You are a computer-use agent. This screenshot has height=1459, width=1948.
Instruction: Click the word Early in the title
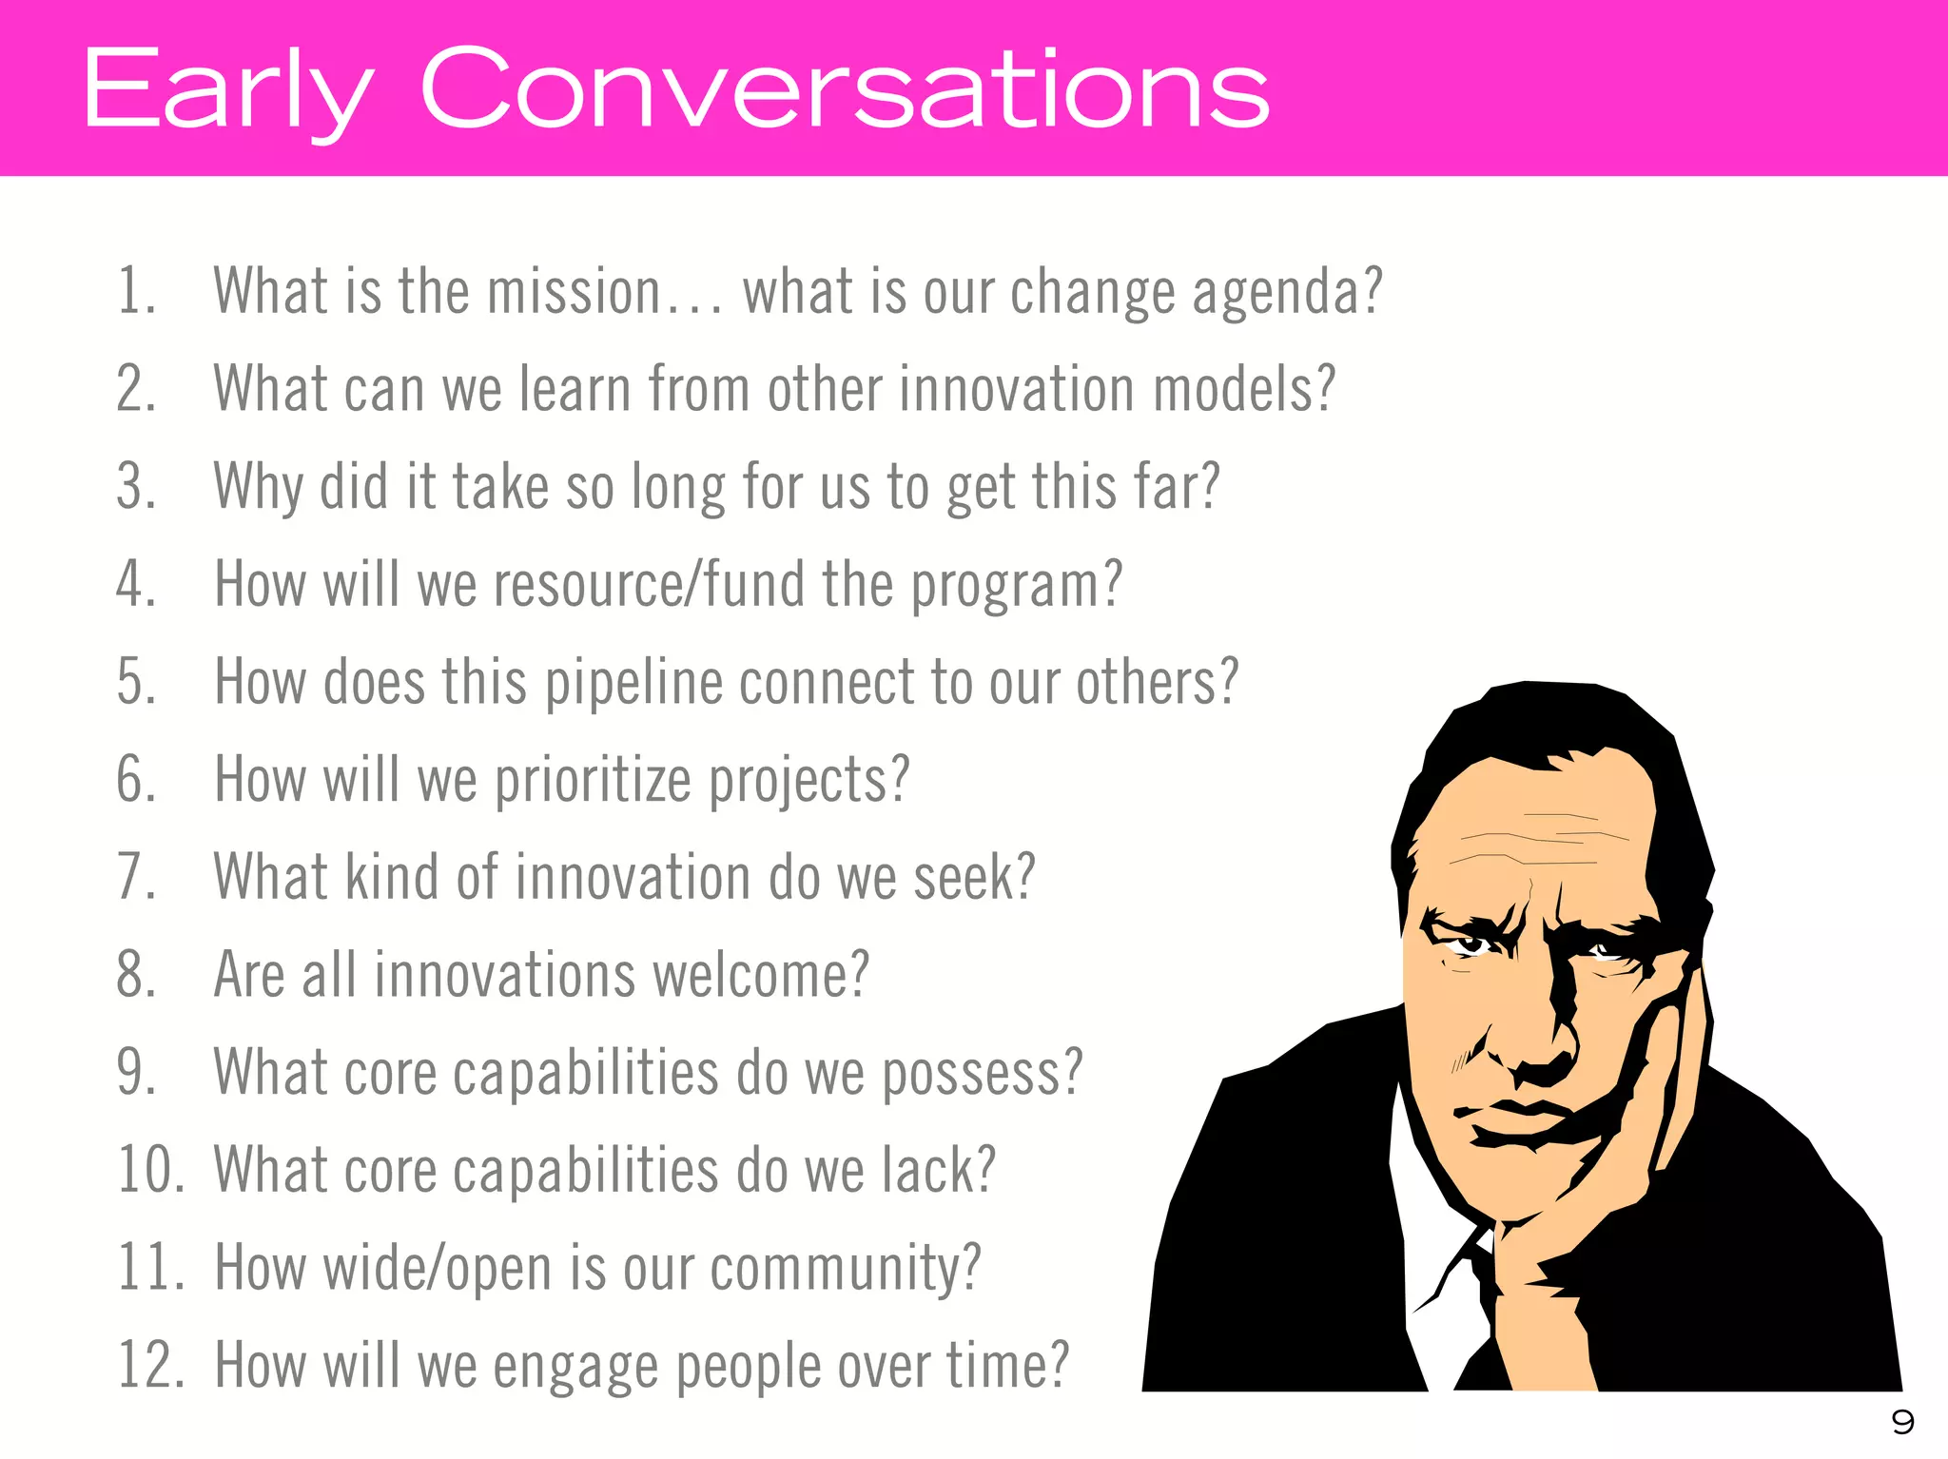tap(228, 90)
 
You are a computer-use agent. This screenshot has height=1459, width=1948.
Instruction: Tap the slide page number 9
tap(1901, 1422)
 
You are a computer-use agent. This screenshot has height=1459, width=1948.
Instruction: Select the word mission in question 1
tap(574, 292)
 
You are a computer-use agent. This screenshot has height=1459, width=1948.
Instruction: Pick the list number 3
tap(136, 487)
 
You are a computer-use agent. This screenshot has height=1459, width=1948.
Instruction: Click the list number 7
tap(136, 877)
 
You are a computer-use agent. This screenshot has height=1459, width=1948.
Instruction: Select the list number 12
tap(150, 1366)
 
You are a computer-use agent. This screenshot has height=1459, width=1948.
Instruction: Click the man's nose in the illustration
tap(1536, 1037)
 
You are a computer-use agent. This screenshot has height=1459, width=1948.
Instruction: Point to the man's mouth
tap(1522, 1122)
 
